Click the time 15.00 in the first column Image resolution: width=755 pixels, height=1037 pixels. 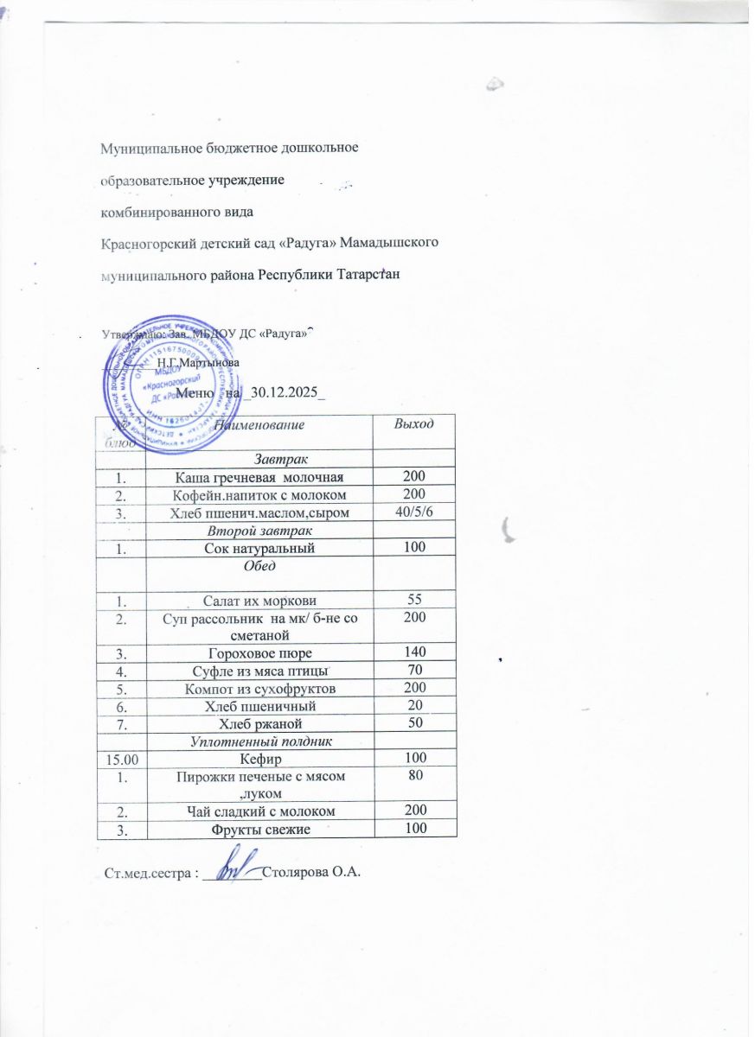tap(122, 759)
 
